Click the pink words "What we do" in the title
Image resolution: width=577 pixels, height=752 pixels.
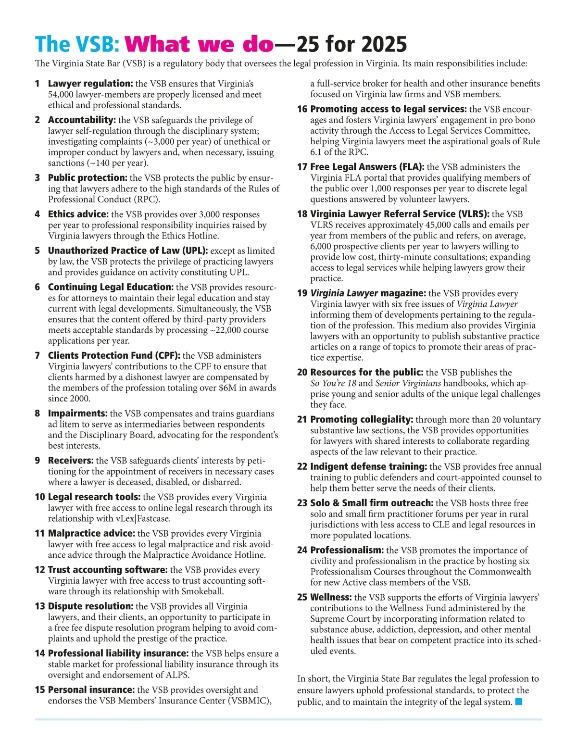(199, 45)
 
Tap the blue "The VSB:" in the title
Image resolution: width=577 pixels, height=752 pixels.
(77, 45)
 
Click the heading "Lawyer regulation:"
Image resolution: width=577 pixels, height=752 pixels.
(90, 84)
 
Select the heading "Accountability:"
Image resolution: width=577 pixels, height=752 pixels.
(82, 120)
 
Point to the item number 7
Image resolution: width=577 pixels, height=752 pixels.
(38, 356)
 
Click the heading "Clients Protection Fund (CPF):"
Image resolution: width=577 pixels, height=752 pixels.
(114, 356)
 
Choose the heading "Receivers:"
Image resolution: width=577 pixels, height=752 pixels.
(71, 461)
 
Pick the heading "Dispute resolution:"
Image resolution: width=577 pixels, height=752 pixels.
(90, 606)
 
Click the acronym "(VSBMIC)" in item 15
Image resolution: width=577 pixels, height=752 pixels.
(247, 701)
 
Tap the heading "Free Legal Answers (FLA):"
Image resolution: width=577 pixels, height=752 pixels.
(367, 167)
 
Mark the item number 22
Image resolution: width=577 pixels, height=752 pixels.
(302, 467)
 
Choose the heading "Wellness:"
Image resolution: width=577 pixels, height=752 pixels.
(331, 598)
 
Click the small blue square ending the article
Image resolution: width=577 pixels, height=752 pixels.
(518, 702)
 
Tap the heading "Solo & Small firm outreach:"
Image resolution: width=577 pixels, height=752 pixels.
(372, 503)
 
